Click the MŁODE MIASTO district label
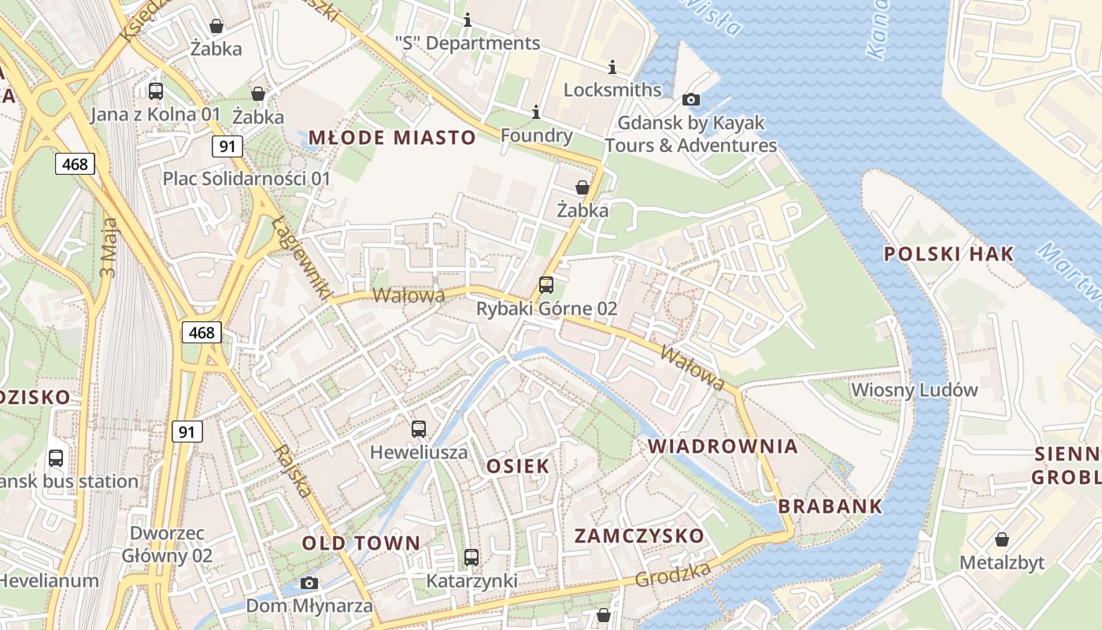point(392,138)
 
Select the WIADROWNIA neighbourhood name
point(723,447)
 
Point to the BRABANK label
point(830,506)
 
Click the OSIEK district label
point(518,465)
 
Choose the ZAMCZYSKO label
point(639,536)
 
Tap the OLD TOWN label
point(361,543)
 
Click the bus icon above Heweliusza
point(419,429)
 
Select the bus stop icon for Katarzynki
point(471,558)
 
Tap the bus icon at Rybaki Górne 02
point(546,285)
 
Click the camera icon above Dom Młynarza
point(309,584)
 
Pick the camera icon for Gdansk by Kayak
point(690,99)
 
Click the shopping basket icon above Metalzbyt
point(1001,539)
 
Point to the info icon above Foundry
point(536,113)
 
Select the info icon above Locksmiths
point(613,68)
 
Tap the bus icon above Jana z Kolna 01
point(156,91)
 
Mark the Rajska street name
point(293,470)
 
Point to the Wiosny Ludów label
point(915,390)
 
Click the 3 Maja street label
point(109,246)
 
